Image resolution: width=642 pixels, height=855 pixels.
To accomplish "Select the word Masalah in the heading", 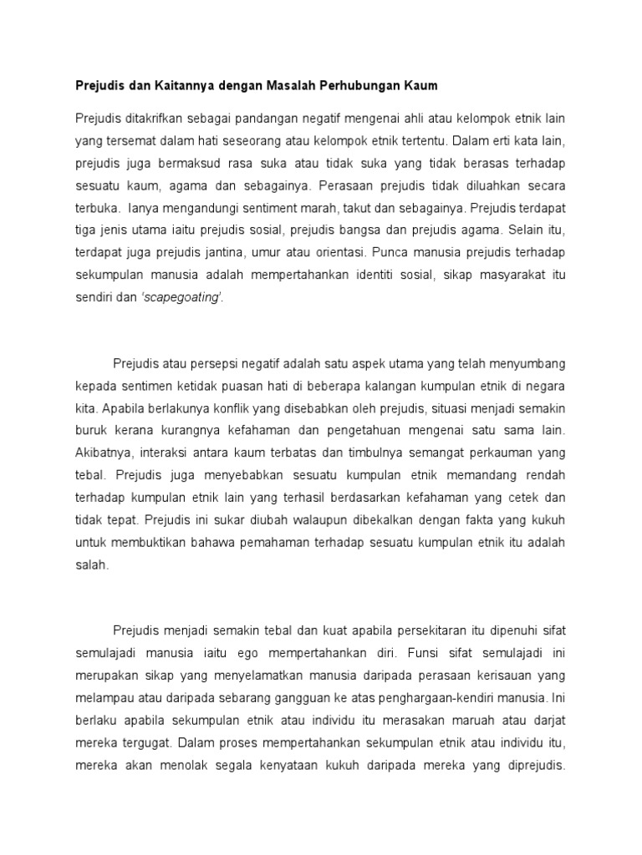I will [x=293, y=86].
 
